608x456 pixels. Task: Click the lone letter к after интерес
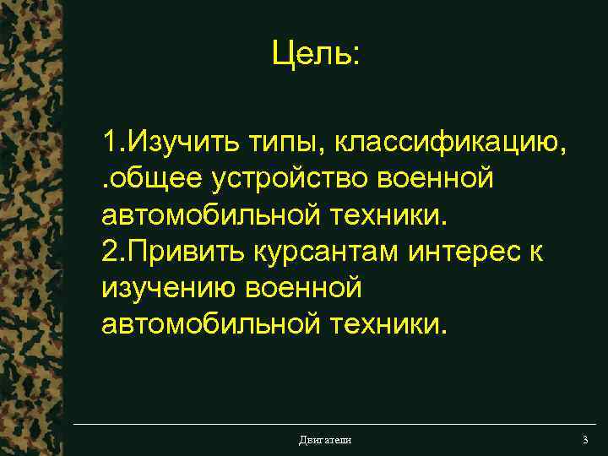[537, 251]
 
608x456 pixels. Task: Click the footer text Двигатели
[325, 440]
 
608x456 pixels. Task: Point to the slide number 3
[584, 440]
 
